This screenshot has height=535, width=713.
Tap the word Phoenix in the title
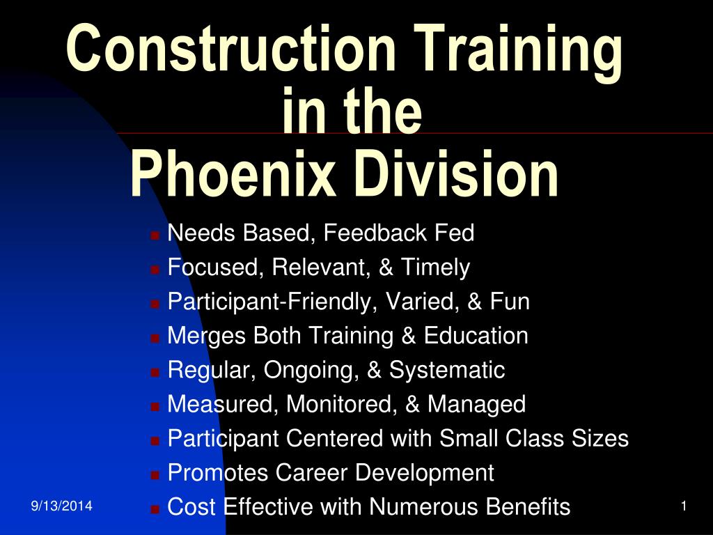click(x=233, y=174)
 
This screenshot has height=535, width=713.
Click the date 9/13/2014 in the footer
click(x=61, y=506)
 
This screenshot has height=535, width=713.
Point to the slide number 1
click(x=684, y=506)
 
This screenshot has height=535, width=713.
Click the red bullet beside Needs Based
click(x=155, y=235)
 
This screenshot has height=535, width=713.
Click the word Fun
click(x=510, y=301)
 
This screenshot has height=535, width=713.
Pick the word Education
click(x=476, y=335)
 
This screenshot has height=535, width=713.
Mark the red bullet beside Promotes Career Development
click(x=155, y=475)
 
